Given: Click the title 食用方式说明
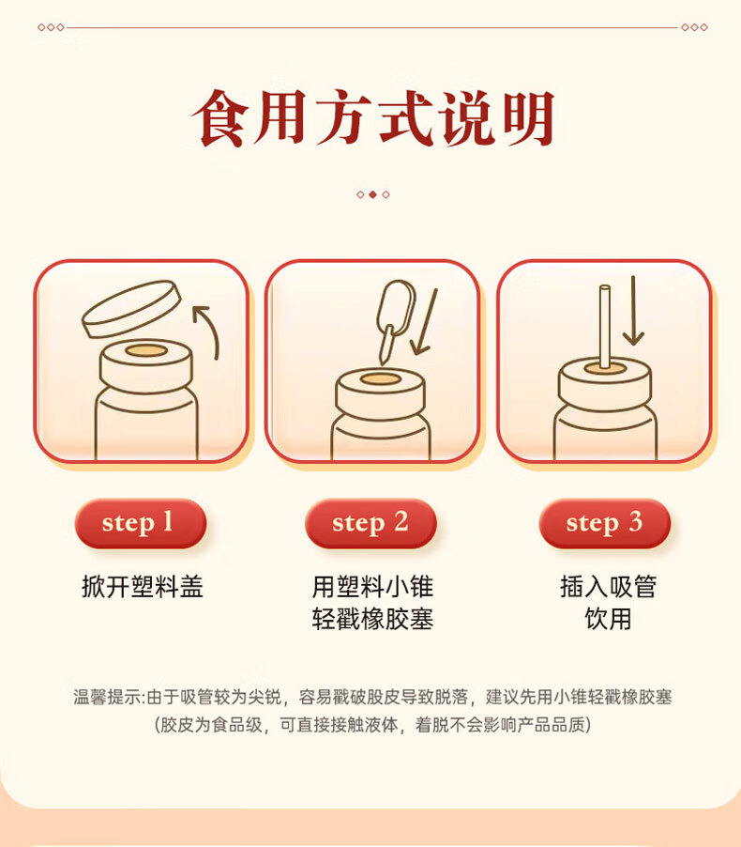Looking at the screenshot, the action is tap(373, 118).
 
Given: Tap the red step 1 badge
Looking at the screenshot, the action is tap(141, 523).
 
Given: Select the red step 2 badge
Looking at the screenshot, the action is tap(370, 523).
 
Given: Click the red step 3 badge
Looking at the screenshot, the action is tap(604, 523).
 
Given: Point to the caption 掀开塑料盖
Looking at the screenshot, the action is tap(143, 587).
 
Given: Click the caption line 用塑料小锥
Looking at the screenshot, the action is tap(372, 587).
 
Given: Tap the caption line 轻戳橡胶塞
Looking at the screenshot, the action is tap(372, 619).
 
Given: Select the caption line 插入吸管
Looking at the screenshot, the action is tap(608, 587).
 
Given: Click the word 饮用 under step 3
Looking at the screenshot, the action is tap(608, 619).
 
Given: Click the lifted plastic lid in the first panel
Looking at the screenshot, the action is tap(131, 309).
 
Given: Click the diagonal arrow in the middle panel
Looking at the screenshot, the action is tap(425, 321).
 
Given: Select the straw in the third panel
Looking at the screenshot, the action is tap(605, 328).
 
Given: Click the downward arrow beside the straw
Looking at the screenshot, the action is tap(633, 311).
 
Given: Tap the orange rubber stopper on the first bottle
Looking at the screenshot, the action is tap(146, 350).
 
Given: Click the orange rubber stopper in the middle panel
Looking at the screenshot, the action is tap(380, 379).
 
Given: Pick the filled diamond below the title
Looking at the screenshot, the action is tap(372, 194).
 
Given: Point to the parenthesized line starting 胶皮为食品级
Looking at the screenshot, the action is tap(372, 724).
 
